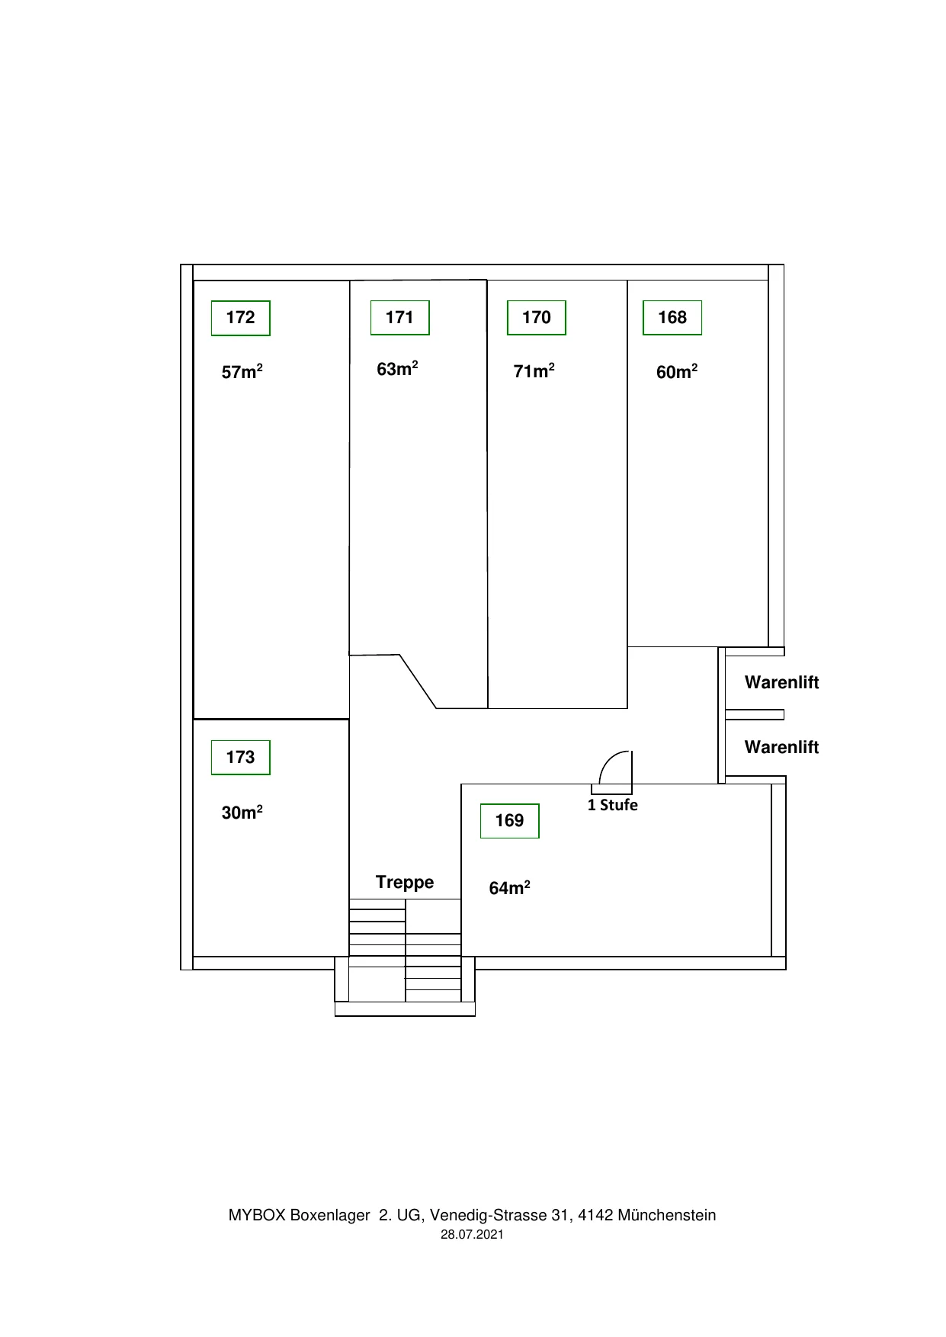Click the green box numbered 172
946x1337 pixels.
pos(241,318)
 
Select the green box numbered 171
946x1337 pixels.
pos(400,317)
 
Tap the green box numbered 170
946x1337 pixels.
pos(537,317)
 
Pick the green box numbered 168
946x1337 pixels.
pos(672,317)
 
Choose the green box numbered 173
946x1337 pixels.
pos(241,757)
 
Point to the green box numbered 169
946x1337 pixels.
pos(510,820)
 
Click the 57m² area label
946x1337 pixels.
pos(242,372)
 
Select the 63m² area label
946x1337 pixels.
pos(397,369)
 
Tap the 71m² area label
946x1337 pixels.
pos(534,371)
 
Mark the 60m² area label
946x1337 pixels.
pos(677,372)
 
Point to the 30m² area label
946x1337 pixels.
pos(242,813)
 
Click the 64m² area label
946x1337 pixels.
pos(510,888)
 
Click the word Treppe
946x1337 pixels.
pos(405,883)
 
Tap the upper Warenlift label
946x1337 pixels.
pos(781,682)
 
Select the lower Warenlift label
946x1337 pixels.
pos(781,747)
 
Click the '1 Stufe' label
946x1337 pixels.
pos(613,805)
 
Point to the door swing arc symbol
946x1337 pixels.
pos(608,760)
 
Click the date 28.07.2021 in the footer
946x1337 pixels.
pos(472,1235)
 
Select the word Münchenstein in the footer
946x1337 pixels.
pos(667,1215)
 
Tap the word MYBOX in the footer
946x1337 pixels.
pos(256,1215)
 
